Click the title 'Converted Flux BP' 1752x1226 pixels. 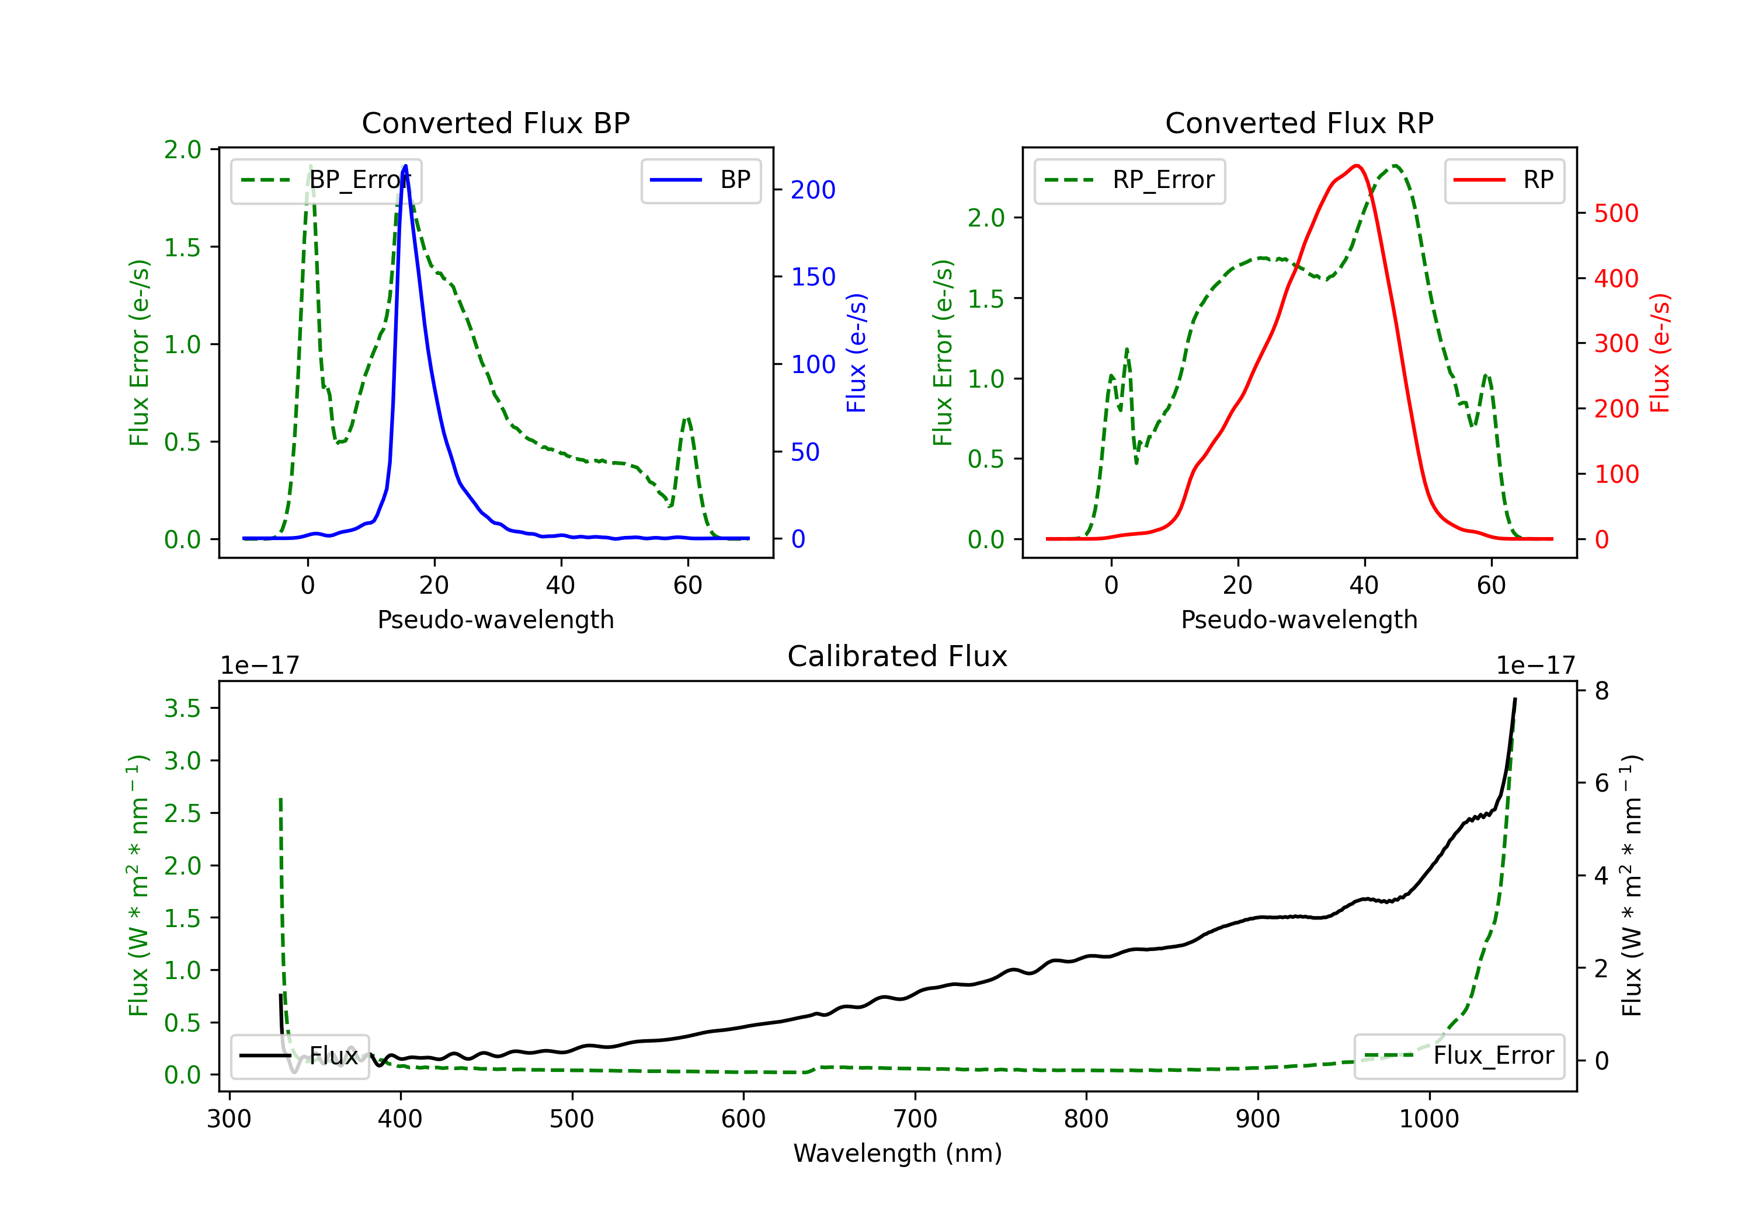pos(495,123)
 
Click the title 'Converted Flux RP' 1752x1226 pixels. pos(1299,123)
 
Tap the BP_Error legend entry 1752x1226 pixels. pos(326,180)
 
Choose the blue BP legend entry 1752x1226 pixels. pos(700,180)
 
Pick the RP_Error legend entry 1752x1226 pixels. pos(1129,180)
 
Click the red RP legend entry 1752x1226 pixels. pos(1504,180)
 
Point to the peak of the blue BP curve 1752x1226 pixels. pos(405,166)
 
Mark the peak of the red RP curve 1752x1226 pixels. pos(1356,166)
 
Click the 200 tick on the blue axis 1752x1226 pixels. pos(813,190)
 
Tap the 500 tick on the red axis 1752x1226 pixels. pos(1616,214)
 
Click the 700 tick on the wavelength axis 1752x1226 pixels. pos(915,1119)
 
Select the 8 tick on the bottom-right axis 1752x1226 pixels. pos(1602,691)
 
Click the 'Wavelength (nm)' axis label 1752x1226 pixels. pos(898,1153)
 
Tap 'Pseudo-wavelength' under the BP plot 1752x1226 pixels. pos(495,619)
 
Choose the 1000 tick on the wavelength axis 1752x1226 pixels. pos(1428,1119)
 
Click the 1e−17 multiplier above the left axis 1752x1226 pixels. pos(259,666)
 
